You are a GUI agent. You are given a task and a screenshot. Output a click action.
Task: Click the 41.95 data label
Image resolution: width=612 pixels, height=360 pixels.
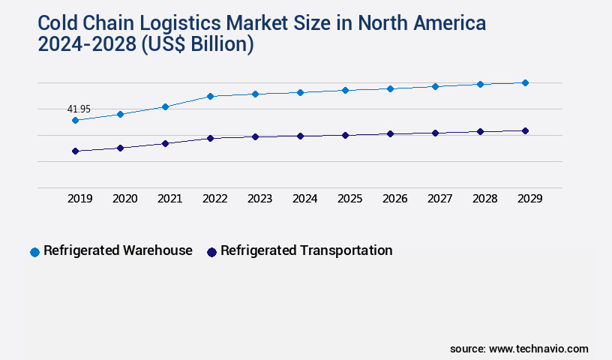pos(79,109)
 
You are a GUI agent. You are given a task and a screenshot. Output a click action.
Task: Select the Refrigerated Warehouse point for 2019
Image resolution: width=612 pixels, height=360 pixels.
pos(75,120)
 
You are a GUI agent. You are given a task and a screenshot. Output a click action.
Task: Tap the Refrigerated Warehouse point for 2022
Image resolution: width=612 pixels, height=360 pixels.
pos(210,96)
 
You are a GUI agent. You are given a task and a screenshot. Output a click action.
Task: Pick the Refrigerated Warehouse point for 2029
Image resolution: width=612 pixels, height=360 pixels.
pos(525,82)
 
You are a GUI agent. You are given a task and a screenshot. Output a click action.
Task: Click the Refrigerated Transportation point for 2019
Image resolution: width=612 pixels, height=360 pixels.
pos(75,151)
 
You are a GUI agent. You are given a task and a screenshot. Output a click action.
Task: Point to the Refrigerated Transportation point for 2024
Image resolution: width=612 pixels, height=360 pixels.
pos(300,136)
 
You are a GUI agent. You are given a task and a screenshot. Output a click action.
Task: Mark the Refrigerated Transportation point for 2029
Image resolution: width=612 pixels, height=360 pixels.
pos(525,130)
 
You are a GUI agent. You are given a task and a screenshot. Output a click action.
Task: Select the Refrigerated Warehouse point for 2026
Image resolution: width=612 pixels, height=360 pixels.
pos(390,88)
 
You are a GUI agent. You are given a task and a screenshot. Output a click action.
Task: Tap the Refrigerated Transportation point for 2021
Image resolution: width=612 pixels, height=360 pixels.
pos(165,143)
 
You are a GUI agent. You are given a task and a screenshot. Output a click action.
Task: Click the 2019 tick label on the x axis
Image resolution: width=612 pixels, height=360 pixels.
pos(79,199)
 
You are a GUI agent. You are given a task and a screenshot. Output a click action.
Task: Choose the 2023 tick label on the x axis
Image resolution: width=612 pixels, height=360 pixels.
pos(259,199)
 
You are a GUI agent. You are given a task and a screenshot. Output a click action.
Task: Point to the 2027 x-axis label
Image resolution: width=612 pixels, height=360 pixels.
pos(439,199)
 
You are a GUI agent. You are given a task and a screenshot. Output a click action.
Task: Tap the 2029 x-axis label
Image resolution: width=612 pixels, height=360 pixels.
pos(529,199)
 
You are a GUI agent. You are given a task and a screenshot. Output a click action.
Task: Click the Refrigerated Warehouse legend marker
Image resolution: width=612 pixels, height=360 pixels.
pos(34,252)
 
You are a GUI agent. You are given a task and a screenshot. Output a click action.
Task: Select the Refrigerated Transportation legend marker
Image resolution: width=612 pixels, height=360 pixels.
pos(211,252)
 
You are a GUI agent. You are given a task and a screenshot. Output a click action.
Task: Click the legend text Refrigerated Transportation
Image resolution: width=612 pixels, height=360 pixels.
pos(306,250)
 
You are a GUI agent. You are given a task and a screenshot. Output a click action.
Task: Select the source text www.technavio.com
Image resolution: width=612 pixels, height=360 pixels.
pos(538,349)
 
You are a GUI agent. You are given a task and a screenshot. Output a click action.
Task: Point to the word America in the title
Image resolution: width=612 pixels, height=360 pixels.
pos(448,24)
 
